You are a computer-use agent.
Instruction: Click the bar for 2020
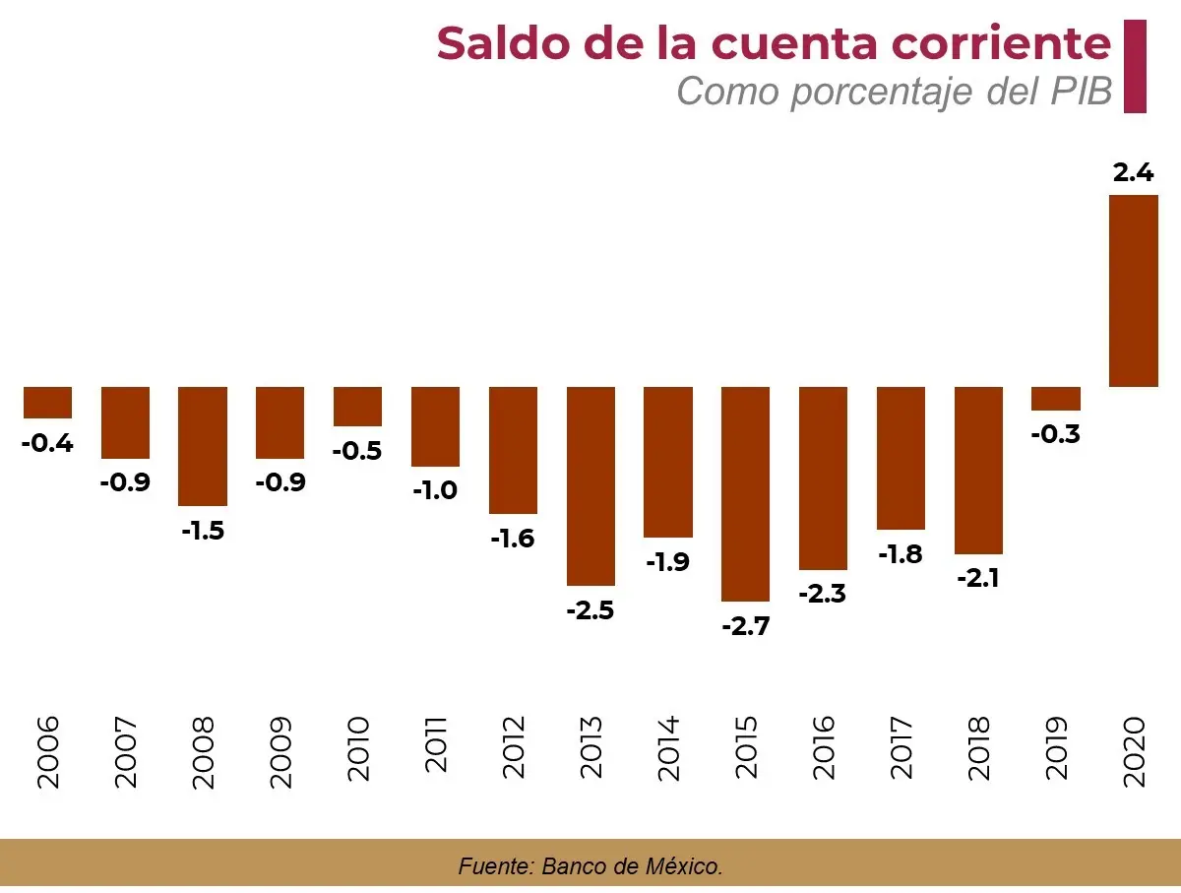tap(1134, 290)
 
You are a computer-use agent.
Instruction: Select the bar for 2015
tap(746, 493)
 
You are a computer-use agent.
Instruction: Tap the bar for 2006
tap(48, 402)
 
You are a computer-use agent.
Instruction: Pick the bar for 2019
tap(1056, 398)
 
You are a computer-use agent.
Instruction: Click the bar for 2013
tap(590, 485)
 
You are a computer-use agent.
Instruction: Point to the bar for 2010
tap(358, 406)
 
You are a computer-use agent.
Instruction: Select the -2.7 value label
tap(745, 626)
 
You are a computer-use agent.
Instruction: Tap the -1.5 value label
tap(203, 531)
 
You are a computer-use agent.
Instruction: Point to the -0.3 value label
tap(1056, 434)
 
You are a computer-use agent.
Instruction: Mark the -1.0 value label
tap(435, 490)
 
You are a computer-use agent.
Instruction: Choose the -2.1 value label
tap(978, 579)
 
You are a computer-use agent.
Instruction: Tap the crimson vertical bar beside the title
tap(1135, 66)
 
